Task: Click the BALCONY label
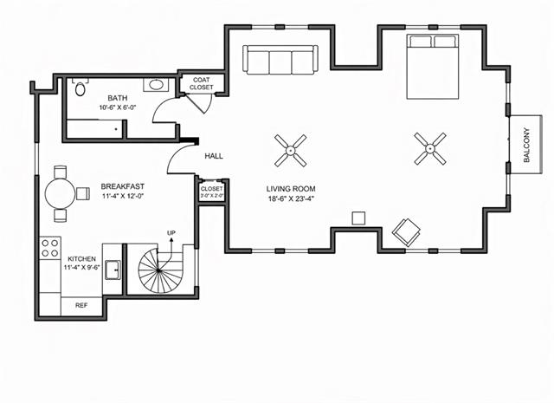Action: pyautogui.click(x=527, y=145)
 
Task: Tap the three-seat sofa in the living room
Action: pyautogui.click(x=280, y=60)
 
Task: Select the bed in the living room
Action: pyautogui.click(x=433, y=66)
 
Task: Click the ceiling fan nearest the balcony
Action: pyautogui.click(x=430, y=148)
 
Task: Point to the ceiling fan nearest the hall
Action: pyautogui.click(x=291, y=151)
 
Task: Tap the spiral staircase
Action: pyautogui.click(x=158, y=270)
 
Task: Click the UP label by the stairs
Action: pyautogui.click(x=171, y=233)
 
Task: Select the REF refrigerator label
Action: pyautogui.click(x=81, y=305)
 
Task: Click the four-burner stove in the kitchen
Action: pyautogui.click(x=50, y=248)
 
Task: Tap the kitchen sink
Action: pyautogui.click(x=113, y=270)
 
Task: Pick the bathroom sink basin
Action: pyautogui.click(x=156, y=85)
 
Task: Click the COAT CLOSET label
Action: pyautogui.click(x=202, y=83)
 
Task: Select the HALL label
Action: pyautogui.click(x=214, y=156)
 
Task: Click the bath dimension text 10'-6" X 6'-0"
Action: pyautogui.click(x=118, y=107)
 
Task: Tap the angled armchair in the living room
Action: pyautogui.click(x=406, y=232)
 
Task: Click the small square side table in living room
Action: pyautogui.click(x=358, y=218)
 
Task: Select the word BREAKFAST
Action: pyautogui.click(x=123, y=186)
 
